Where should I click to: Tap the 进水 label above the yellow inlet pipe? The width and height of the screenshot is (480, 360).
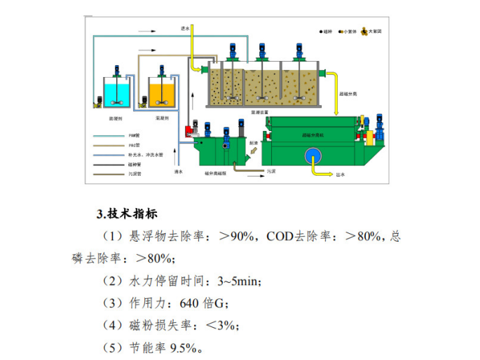(x=185, y=29)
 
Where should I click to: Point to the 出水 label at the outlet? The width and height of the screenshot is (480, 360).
(x=341, y=176)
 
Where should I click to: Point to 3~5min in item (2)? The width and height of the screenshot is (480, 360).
(x=238, y=281)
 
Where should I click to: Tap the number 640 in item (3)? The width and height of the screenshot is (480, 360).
(x=191, y=303)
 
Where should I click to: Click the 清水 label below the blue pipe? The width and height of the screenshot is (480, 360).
(x=179, y=172)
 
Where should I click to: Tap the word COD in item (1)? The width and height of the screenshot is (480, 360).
(x=279, y=236)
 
